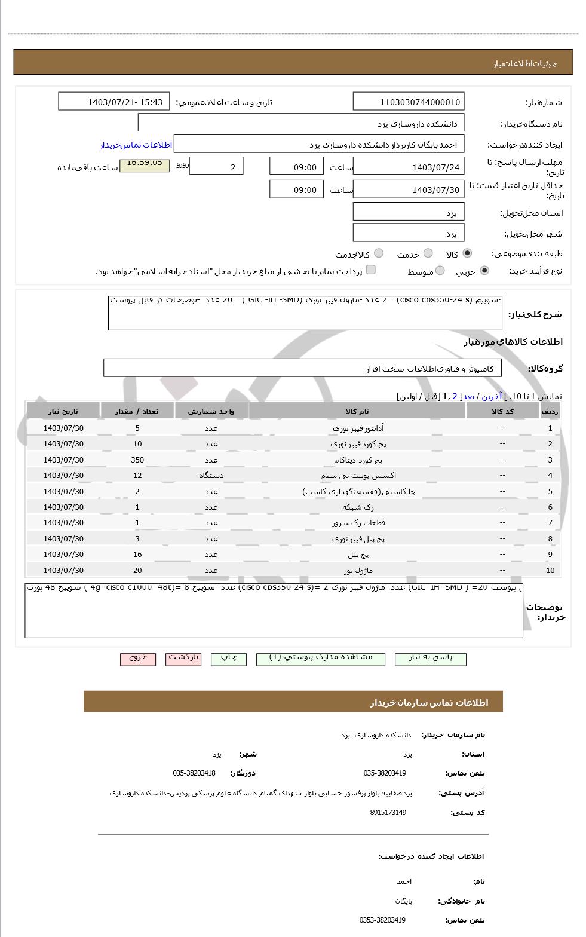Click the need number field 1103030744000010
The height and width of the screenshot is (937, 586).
pos(408,102)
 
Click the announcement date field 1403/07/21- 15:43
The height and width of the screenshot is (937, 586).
pos(113,102)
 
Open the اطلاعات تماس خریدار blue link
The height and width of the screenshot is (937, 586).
pos(136,145)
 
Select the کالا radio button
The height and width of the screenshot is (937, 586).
pos(467,253)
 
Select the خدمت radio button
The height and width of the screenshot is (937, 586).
pos(428,253)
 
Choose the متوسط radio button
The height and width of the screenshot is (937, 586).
pos(440,271)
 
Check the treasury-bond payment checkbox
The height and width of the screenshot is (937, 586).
pos(370,270)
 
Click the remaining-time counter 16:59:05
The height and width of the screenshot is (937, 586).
pos(145,163)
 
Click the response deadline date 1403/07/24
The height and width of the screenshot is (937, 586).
pos(408,167)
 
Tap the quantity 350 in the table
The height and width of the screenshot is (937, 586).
pos(137,460)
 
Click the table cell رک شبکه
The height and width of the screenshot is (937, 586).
pos(357,507)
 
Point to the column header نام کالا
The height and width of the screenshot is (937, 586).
pos(357,412)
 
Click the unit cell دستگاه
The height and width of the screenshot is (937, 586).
pos(211,476)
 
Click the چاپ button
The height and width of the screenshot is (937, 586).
pos(229,658)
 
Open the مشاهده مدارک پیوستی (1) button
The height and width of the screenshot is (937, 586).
pos(320,658)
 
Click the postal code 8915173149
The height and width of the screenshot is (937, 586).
pos(388,813)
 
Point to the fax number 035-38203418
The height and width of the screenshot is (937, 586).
pos(194,773)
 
